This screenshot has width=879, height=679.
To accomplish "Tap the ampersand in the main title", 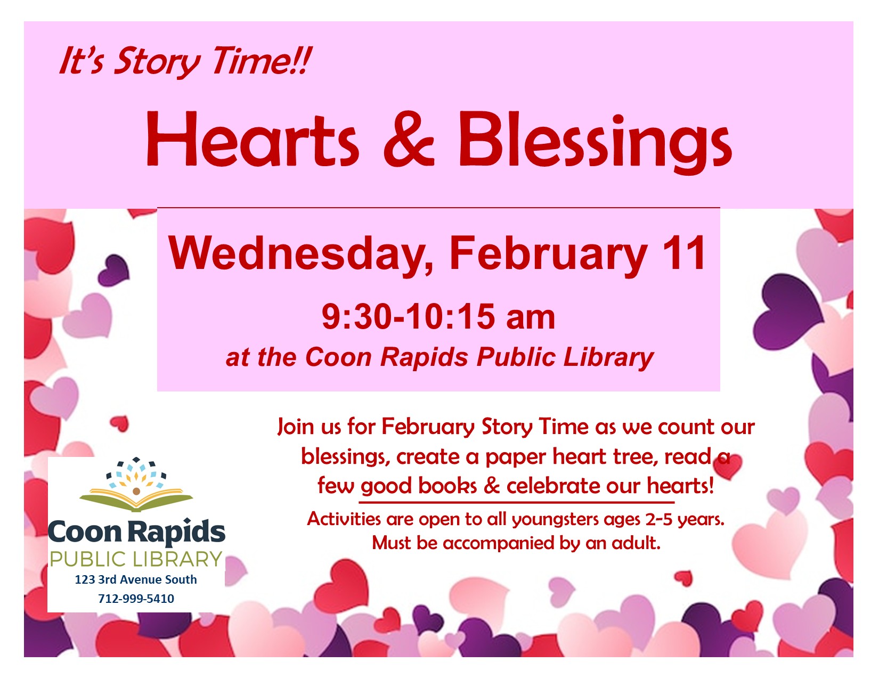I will pyautogui.click(x=409, y=141).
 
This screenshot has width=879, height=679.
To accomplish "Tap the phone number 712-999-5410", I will pyautogui.click(x=136, y=599).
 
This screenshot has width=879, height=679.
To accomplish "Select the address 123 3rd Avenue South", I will pyautogui.click(x=136, y=579).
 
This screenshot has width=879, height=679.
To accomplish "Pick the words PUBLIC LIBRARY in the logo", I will pyautogui.click(x=136, y=559).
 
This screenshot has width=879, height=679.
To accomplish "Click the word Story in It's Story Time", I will pyautogui.click(x=157, y=61).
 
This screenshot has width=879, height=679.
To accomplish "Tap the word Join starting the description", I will pyautogui.click(x=296, y=427).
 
